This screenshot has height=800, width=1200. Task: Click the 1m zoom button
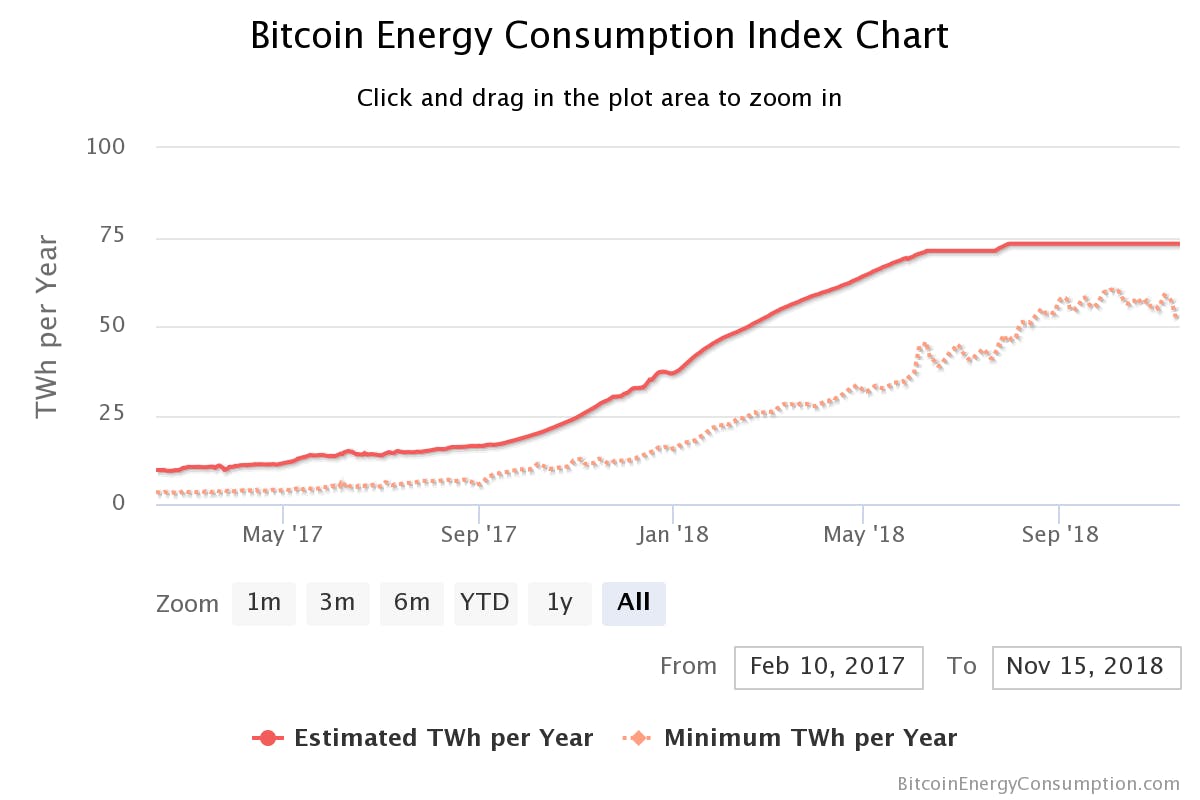(x=264, y=603)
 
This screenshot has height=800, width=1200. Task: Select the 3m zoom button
(x=338, y=603)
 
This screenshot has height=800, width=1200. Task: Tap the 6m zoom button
(x=412, y=603)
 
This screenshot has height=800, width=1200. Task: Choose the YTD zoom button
(x=485, y=603)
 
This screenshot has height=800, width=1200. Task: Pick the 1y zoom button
(x=560, y=603)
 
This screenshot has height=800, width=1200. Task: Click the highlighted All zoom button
(x=634, y=603)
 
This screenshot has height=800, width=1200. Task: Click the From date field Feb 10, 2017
(x=828, y=667)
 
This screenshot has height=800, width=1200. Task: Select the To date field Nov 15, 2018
(x=1086, y=667)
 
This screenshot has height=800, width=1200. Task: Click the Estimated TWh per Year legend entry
(x=423, y=739)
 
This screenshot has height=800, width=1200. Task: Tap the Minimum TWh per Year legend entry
(x=790, y=739)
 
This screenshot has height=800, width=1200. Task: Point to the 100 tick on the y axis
(x=105, y=147)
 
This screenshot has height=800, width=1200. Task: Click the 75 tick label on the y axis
(x=111, y=236)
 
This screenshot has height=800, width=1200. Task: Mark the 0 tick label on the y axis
(x=119, y=503)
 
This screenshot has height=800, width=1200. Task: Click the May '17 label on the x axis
(x=283, y=535)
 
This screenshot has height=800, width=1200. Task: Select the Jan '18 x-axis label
(x=674, y=535)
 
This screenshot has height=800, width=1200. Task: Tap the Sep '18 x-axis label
(x=1060, y=535)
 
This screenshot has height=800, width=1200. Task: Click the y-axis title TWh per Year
(x=48, y=326)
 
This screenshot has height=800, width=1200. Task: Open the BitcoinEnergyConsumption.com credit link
(x=1038, y=784)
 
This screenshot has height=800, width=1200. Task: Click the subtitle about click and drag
(x=599, y=98)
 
